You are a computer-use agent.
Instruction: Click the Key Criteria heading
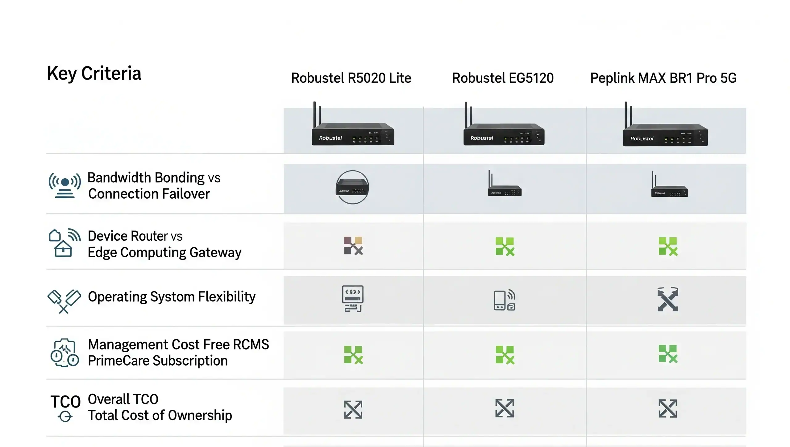click(94, 74)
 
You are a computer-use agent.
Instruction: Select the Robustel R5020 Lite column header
click(351, 78)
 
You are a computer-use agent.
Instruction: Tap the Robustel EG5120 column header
click(503, 78)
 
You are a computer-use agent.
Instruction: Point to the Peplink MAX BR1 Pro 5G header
click(663, 78)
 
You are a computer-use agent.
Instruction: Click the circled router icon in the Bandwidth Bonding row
click(352, 187)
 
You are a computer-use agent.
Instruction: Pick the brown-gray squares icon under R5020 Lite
click(353, 246)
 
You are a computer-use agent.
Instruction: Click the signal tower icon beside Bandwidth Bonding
click(65, 185)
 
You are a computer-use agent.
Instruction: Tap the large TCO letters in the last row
click(65, 402)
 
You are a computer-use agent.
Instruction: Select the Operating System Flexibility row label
click(172, 297)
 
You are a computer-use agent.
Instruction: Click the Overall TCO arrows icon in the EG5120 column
click(505, 408)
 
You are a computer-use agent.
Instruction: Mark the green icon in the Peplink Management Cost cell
click(668, 354)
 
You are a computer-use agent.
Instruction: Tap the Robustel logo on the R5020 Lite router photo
click(330, 138)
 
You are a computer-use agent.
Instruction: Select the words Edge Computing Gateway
click(164, 253)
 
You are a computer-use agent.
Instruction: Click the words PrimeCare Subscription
click(158, 361)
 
